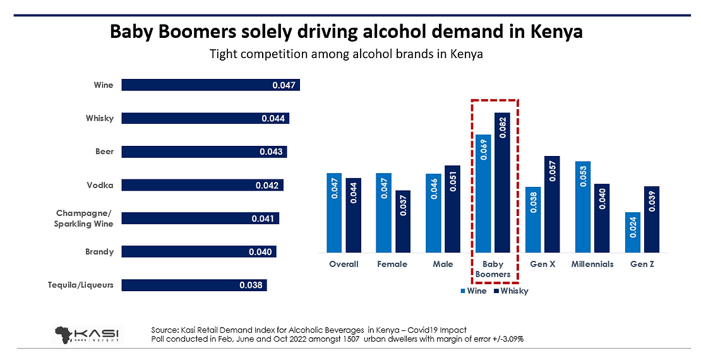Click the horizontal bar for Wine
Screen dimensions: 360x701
pyautogui.click(x=210, y=85)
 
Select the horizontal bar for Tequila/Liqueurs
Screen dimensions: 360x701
pyautogui.click(x=194, y=285)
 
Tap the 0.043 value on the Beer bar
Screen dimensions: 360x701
pyautogui.click(x=272, y=152)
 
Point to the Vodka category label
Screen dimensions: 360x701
pyautogui.click(x=100, y=185)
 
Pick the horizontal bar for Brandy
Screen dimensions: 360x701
pyautogui.click(x=198, y=252)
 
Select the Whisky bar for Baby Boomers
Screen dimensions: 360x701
pyautogui.click(x=503, y=183)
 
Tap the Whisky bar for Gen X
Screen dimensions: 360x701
pyautogui.click(x=552, y=205)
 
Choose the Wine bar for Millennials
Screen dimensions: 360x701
pyautogui.click(x=583, y=207)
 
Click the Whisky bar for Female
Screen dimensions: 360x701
pyautogui.click(x=403, y=222)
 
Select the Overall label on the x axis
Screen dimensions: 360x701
pyautogui.click(x=344, y=264)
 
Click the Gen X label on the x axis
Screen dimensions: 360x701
pyautogui.click(x=542, y=264)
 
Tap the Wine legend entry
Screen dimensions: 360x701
pyautogui.click(x=474, y=291)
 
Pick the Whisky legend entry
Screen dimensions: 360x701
pyautogui.click(x=511, y=291)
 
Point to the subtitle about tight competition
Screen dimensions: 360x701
pyautogui.click(x=346, y=54)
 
